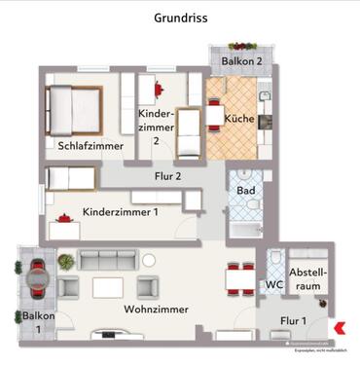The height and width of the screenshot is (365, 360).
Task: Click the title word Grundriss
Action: (180, 18)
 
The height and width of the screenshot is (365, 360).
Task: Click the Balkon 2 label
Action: (241, 61)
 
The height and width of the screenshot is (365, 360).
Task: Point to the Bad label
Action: (246, 191)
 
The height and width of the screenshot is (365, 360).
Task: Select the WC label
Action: (273, 286)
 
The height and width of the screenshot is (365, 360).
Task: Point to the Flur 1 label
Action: (294, 320)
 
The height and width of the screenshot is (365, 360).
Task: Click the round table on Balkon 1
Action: (37, 279)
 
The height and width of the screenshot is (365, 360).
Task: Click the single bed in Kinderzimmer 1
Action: (69, 178)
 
